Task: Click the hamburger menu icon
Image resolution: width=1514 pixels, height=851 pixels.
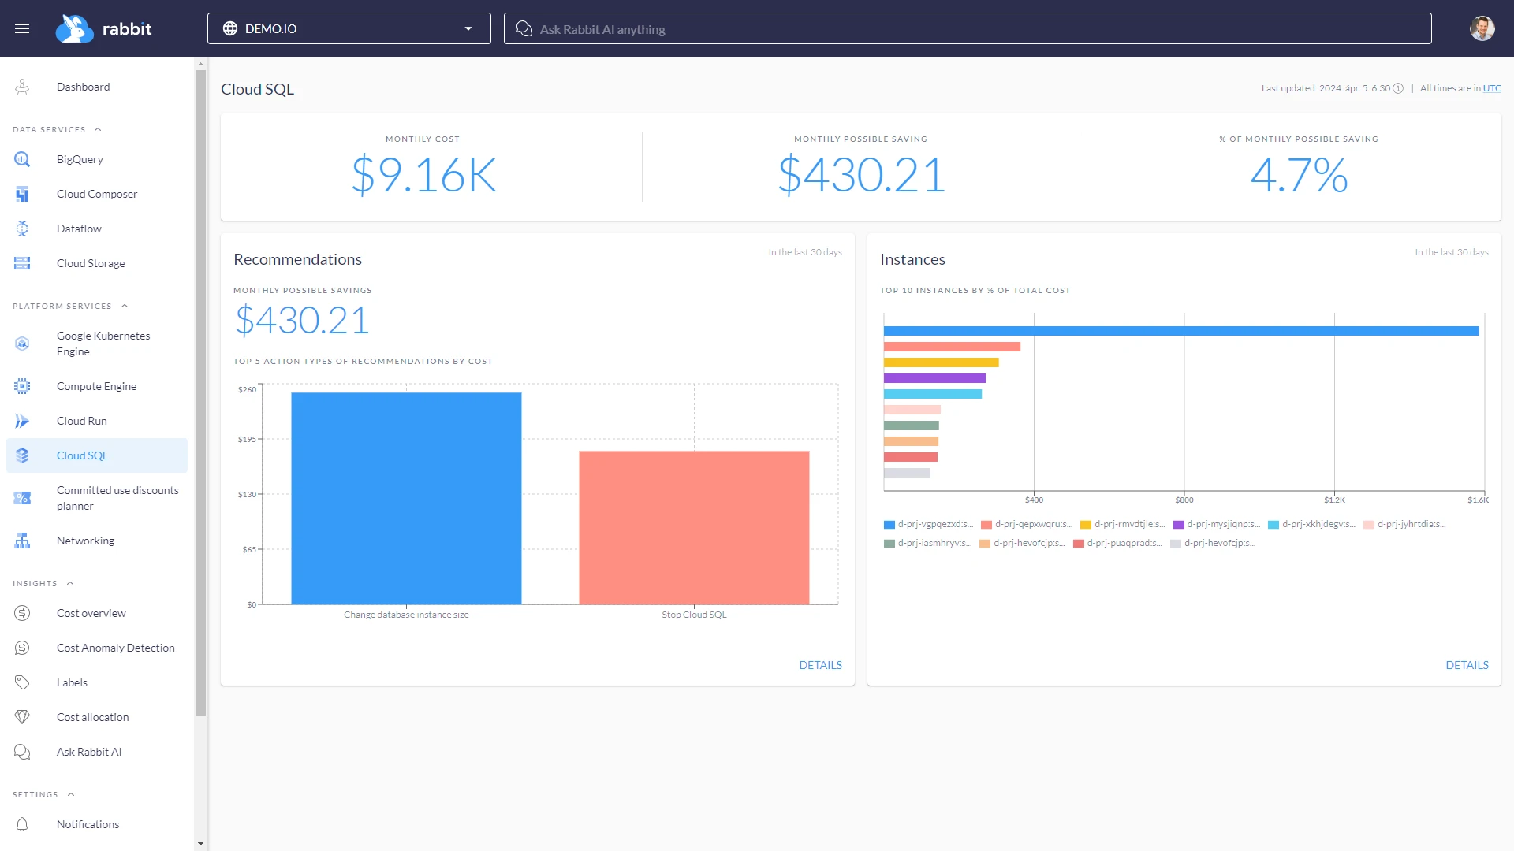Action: tap(22, 28)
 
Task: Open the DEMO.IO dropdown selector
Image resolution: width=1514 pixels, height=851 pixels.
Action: tap(349, 28)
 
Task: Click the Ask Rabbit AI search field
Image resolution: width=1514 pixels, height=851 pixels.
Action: tap(967, 29)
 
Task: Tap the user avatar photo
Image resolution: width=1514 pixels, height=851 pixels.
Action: tap(1482, 28)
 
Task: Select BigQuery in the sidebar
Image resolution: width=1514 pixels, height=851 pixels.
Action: tap(80, 159)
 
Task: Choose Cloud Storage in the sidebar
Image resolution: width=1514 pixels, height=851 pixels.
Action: tap(91, 263)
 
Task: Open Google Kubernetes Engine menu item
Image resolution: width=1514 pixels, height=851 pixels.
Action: tap(103, 344)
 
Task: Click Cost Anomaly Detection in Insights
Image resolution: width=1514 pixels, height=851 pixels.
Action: tap(115, 648)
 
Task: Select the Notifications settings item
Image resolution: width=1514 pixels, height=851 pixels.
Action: tap(88, 824)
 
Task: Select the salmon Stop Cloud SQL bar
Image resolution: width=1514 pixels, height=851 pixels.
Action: tap(694, 527)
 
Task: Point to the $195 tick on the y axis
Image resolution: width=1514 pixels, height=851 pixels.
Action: tap(247, 439)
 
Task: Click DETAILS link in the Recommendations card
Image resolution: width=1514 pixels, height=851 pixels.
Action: tap(820, 665)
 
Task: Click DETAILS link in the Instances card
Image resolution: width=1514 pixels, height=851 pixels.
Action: tap(1467, 665)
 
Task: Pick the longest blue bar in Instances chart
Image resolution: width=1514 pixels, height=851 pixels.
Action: tap(1180, 331)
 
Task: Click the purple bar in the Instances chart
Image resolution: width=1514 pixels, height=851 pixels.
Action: tap(934, 378)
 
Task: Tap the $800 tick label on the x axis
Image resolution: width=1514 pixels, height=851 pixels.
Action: tap(1184, 500)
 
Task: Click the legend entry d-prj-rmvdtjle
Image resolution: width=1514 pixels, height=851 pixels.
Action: tap(1123, 524)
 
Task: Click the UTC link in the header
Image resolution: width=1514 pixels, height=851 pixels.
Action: tap(1492, 88)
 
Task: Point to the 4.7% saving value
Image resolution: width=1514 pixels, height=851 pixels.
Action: tap(1299, 175)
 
